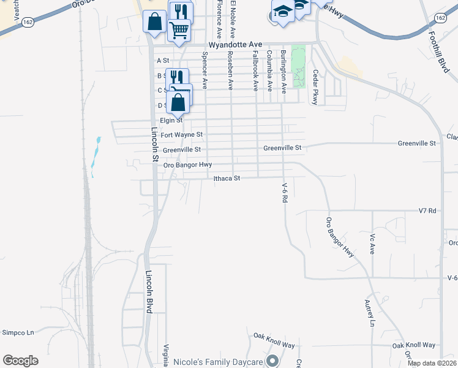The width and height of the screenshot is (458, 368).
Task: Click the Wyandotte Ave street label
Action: point(235,45)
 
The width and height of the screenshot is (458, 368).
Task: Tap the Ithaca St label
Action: point(226,178)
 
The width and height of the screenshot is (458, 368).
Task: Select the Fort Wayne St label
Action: point(181,134)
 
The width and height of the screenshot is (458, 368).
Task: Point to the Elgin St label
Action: point(171,120)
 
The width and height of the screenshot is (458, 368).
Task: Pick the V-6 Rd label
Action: point(285,193)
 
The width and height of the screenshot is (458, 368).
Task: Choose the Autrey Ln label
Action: point(369,313)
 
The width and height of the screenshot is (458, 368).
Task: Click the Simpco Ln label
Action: point(18,332)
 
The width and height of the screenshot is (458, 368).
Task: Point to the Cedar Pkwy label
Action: point(316,86)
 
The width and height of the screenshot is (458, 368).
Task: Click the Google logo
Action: point(20,361)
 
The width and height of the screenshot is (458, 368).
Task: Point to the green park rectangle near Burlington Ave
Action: point(298,66)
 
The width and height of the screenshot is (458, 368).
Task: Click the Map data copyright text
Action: point(432,363)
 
